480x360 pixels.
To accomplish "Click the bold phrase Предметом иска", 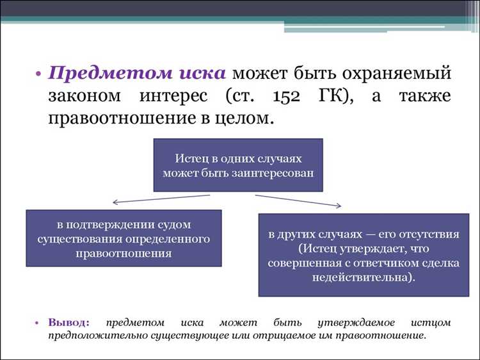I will point(137,72).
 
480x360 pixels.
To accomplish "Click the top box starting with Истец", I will point(237,165).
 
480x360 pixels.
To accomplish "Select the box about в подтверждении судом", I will point(123,238).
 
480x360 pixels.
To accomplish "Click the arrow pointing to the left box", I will point(160,199).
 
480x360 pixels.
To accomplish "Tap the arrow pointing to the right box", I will point(299,200).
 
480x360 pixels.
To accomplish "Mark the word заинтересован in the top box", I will point(276,172).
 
